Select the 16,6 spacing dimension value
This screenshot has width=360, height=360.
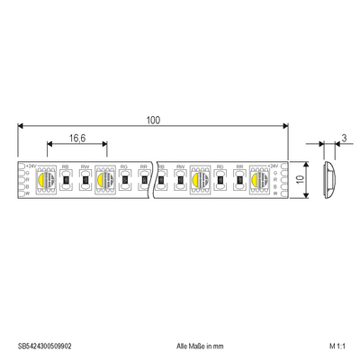click(77, 138)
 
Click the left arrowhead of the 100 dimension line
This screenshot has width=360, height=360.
click(21, 128)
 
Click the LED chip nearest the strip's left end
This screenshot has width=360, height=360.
click(46, 179)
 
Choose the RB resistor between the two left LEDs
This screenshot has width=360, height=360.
click(67, 180)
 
